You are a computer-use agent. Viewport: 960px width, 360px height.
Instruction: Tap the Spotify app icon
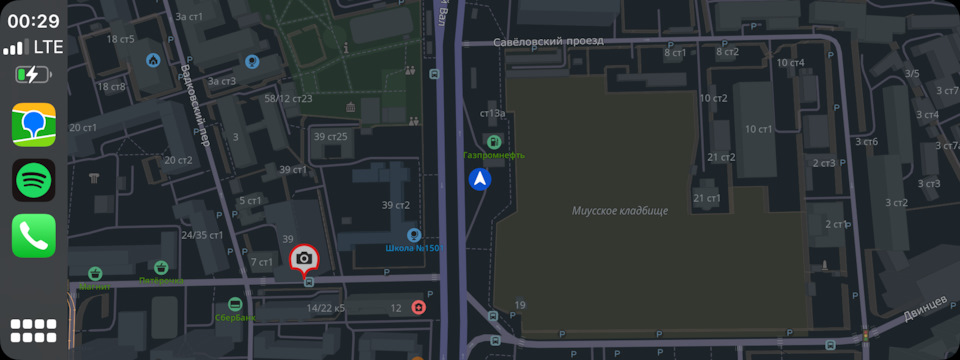33,181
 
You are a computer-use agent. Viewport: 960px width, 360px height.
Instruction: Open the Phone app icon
33,236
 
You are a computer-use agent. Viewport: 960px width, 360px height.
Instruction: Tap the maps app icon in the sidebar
33,126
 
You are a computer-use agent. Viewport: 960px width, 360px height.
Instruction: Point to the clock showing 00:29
33,20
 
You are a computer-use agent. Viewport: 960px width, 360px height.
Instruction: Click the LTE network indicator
47,47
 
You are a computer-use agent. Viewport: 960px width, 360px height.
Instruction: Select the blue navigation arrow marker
481,180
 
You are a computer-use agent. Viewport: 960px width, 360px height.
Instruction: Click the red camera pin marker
304,259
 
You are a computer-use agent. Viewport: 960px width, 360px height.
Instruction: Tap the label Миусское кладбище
619,211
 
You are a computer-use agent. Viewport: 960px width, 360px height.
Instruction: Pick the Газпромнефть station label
493,155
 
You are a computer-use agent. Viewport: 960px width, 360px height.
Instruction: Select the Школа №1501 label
413,248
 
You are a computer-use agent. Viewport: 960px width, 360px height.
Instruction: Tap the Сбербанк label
235,317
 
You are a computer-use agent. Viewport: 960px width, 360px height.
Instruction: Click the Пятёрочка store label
161,281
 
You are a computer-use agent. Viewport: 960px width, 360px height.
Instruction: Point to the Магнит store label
94,285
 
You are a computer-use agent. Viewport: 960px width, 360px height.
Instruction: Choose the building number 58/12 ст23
288,98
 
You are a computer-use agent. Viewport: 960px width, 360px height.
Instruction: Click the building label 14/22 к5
325,308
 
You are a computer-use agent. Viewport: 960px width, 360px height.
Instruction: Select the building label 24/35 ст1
201,236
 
